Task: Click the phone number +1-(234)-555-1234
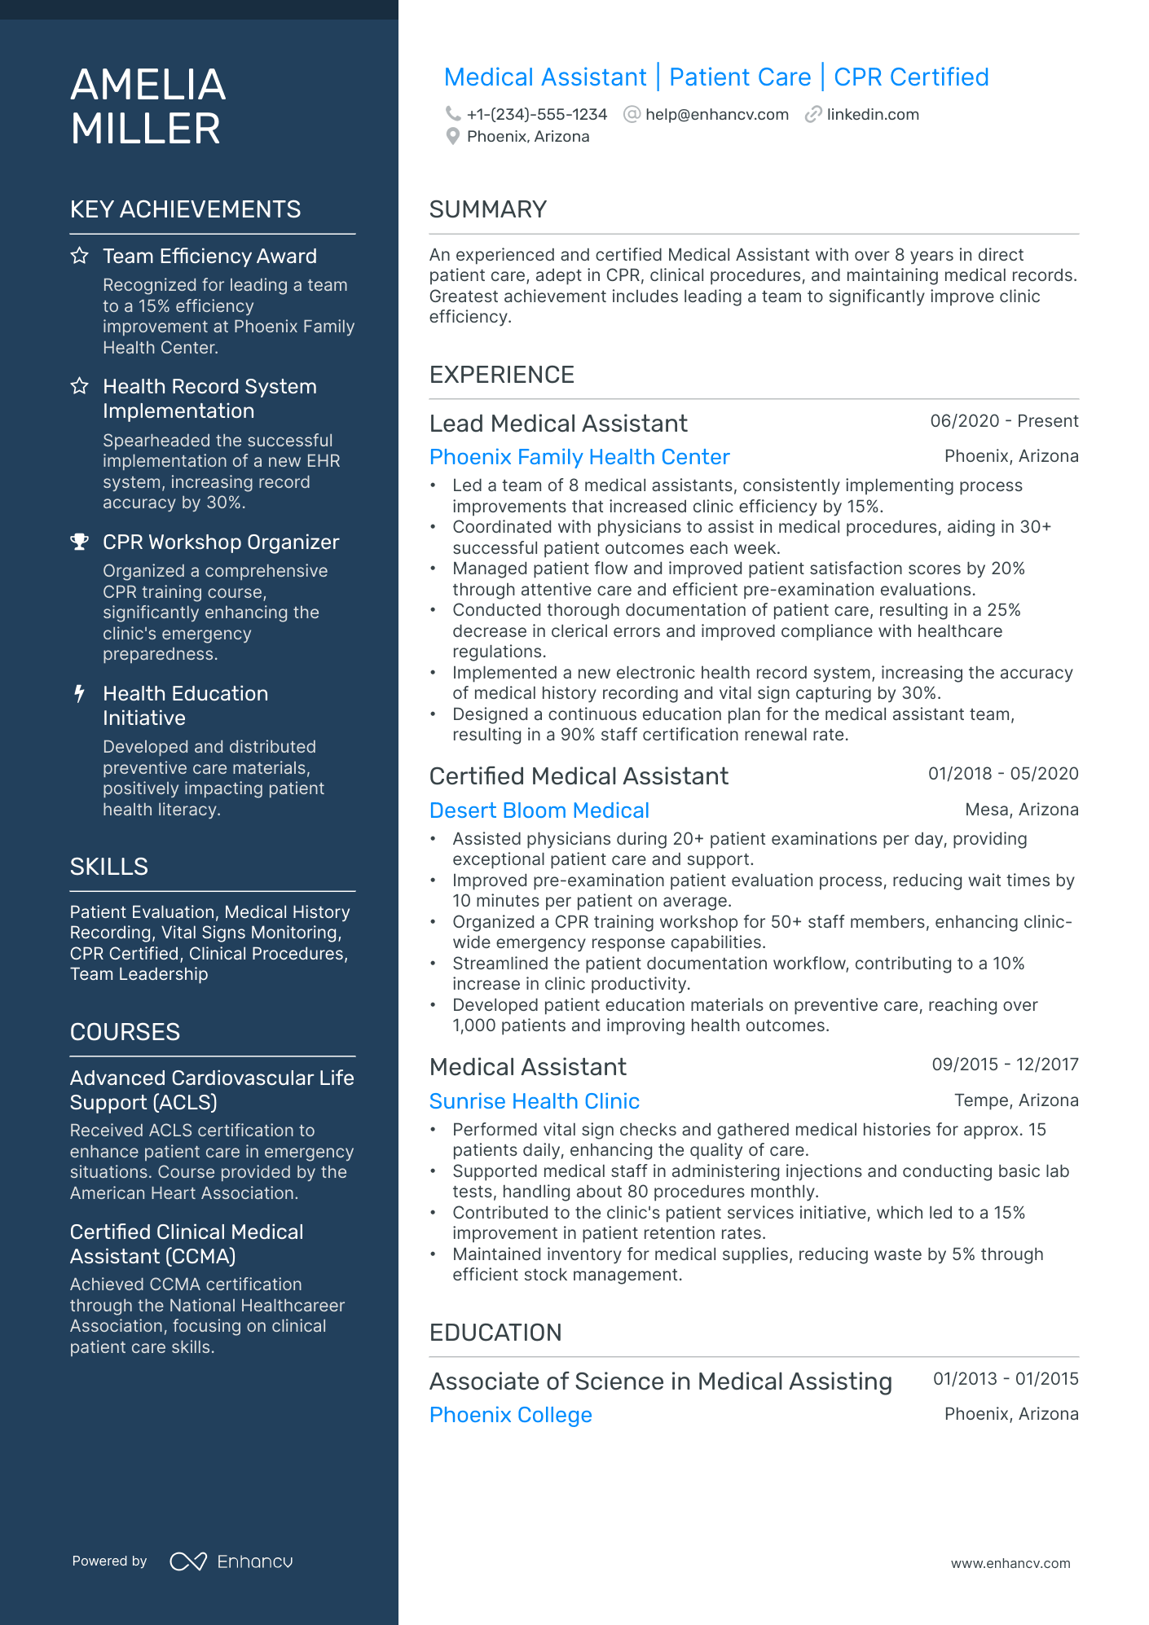point(536,115)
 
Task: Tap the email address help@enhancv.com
point(716,115)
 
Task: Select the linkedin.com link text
point(872,115)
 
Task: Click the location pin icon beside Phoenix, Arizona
point(453,137)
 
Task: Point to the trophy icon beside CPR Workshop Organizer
point(79,542)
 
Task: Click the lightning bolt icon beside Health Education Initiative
point(79,693)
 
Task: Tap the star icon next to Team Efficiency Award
point(79,256)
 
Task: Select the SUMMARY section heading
point(487,209)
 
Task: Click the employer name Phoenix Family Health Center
point(579,457)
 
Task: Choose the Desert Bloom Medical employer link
point(539,810)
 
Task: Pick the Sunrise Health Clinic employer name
point(534,1101)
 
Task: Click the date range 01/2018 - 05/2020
point(1002,774)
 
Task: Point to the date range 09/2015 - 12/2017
point(1004,1065)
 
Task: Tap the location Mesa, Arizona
point(1021,810)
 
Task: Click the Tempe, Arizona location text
point(1015,1100)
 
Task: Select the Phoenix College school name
point(510,1415)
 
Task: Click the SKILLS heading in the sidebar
point(108,867)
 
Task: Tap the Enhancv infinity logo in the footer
point(187,1561)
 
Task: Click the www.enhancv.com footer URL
point(1010,1563)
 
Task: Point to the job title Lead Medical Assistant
point(558,424)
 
